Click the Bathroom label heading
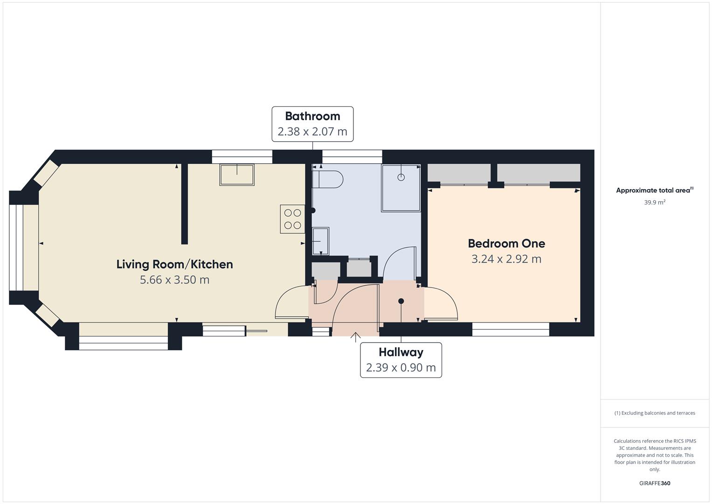click(312, 116)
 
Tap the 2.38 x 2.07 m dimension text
click(312, 132)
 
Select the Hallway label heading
click(401, 352)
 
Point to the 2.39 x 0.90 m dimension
click(401, 368)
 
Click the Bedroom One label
click(506, 244)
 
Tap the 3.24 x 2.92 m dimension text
click(506, 259)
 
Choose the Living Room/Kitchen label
click(174, 265)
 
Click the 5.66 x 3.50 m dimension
click(174, 280)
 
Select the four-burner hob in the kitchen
click(292, 219)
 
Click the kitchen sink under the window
click(237, 175)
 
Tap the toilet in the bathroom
click(328, 179)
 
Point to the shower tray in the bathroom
click(401, 188)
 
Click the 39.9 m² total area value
click(655, 203)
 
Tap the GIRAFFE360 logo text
click(655, 483)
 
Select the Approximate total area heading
click(654, 190)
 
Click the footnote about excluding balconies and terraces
click(655, 413)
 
